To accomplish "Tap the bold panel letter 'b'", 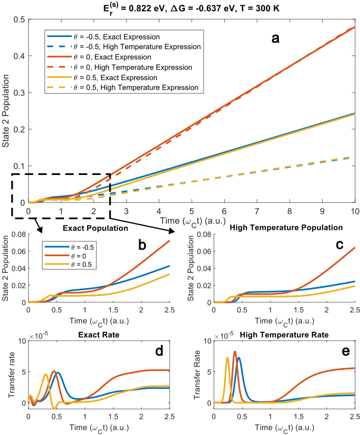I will [x=142, y=244].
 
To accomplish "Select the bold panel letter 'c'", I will [x=326, y=244].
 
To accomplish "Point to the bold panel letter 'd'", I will [x=142, y=352].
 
